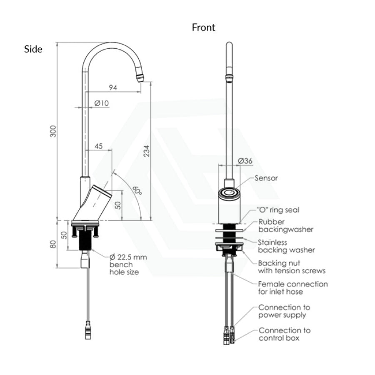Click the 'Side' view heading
pyautogui.click(x=33, y=49)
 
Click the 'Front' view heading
pyautogui.click(x=203, y=27)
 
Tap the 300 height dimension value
pyautogui.click(x=53, y=131)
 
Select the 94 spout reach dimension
pyautogui.click(x=113, y=87)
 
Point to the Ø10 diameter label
pyautogui.click(x=101, y=103)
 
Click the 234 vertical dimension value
pyautogui.click(x=146, y=151)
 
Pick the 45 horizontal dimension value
pyautogui.click(x=98, y=146)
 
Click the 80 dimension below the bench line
pyautogui.click(x=53, y=244)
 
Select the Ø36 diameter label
pyautogui.click(x=245, y=161)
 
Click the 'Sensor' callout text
pyautogui.click(x=266, y=178)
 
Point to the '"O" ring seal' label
pyautogui.click(x=278, y=210)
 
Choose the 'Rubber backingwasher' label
pyautogui.click(x=286, y=225)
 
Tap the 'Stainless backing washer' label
pyautogui.click(x=286, y=246)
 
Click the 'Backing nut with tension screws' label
pyautogui.click(x=292, y=267)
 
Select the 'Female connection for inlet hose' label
pyautogui.click(x=293, y=287)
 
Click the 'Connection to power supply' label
pyautogui.click(x=284, y=311)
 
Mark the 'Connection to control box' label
pyautogui.click(x=285, y=334)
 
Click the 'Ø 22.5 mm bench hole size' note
pyautogui.click(x=128, y=265)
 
